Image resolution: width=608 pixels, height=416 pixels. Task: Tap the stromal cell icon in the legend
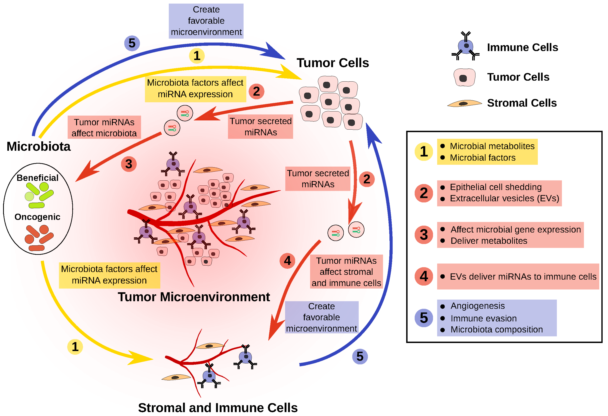tap(464, 104)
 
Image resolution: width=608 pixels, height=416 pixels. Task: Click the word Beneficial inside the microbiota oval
tap(37, 178)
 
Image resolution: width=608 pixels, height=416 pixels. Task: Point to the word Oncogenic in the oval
tap(37, 217)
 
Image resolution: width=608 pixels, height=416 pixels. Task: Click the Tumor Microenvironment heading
tap(194, 297)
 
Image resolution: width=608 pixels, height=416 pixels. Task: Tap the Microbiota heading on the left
tap(39, 146)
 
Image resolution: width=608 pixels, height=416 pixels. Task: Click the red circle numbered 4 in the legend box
tap(424, 276)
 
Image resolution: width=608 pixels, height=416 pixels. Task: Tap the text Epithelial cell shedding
tap(495, 187)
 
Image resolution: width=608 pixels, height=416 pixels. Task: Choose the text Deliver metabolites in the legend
tap(489, 241)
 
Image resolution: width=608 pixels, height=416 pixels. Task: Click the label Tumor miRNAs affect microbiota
tap(104, 128)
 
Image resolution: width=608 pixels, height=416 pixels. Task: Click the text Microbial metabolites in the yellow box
tap(492, 146)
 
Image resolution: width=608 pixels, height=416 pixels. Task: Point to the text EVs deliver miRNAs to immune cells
tap(523, 277)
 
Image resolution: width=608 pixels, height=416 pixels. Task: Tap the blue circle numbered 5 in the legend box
tap(424, 318)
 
